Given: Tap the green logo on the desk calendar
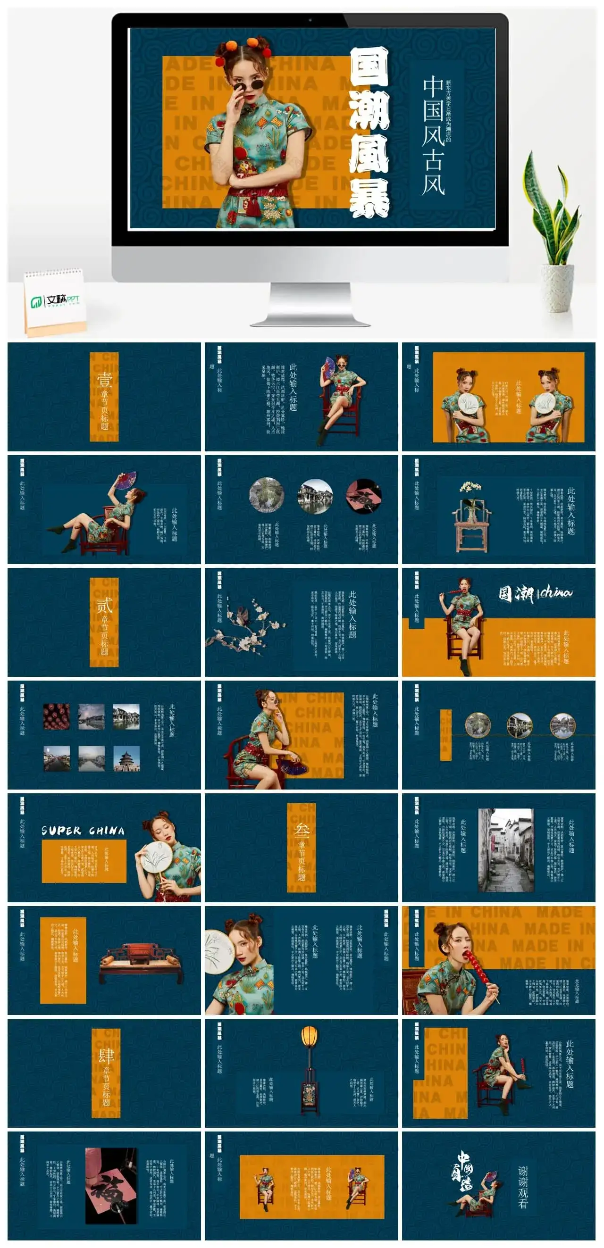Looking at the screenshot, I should pyautogui.click(x=37, y=302).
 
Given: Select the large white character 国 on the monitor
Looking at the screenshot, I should pyautogui.click(x=369, y=68).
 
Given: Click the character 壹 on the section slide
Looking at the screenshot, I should pyautogui.click(x=104, y=380).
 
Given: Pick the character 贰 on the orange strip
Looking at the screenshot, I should pyautogui.click(x=104, y=606).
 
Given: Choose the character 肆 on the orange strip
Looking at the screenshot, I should pyautogui.click(x=106, y=1056).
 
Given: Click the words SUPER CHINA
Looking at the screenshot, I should pyautogui.click(x=83, y=831).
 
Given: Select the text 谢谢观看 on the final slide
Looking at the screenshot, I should pyautogui.click(x=523, y=1187).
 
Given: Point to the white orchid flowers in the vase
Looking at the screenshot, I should pyautogui.click(x=470, y=486).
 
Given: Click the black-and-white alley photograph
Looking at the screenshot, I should pyautogui.click(x=506, y=850).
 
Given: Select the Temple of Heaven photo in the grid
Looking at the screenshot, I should pyautogui.click(x=126, y=758).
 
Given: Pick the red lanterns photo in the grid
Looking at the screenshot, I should pyautogui.click(x=57, y=716).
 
